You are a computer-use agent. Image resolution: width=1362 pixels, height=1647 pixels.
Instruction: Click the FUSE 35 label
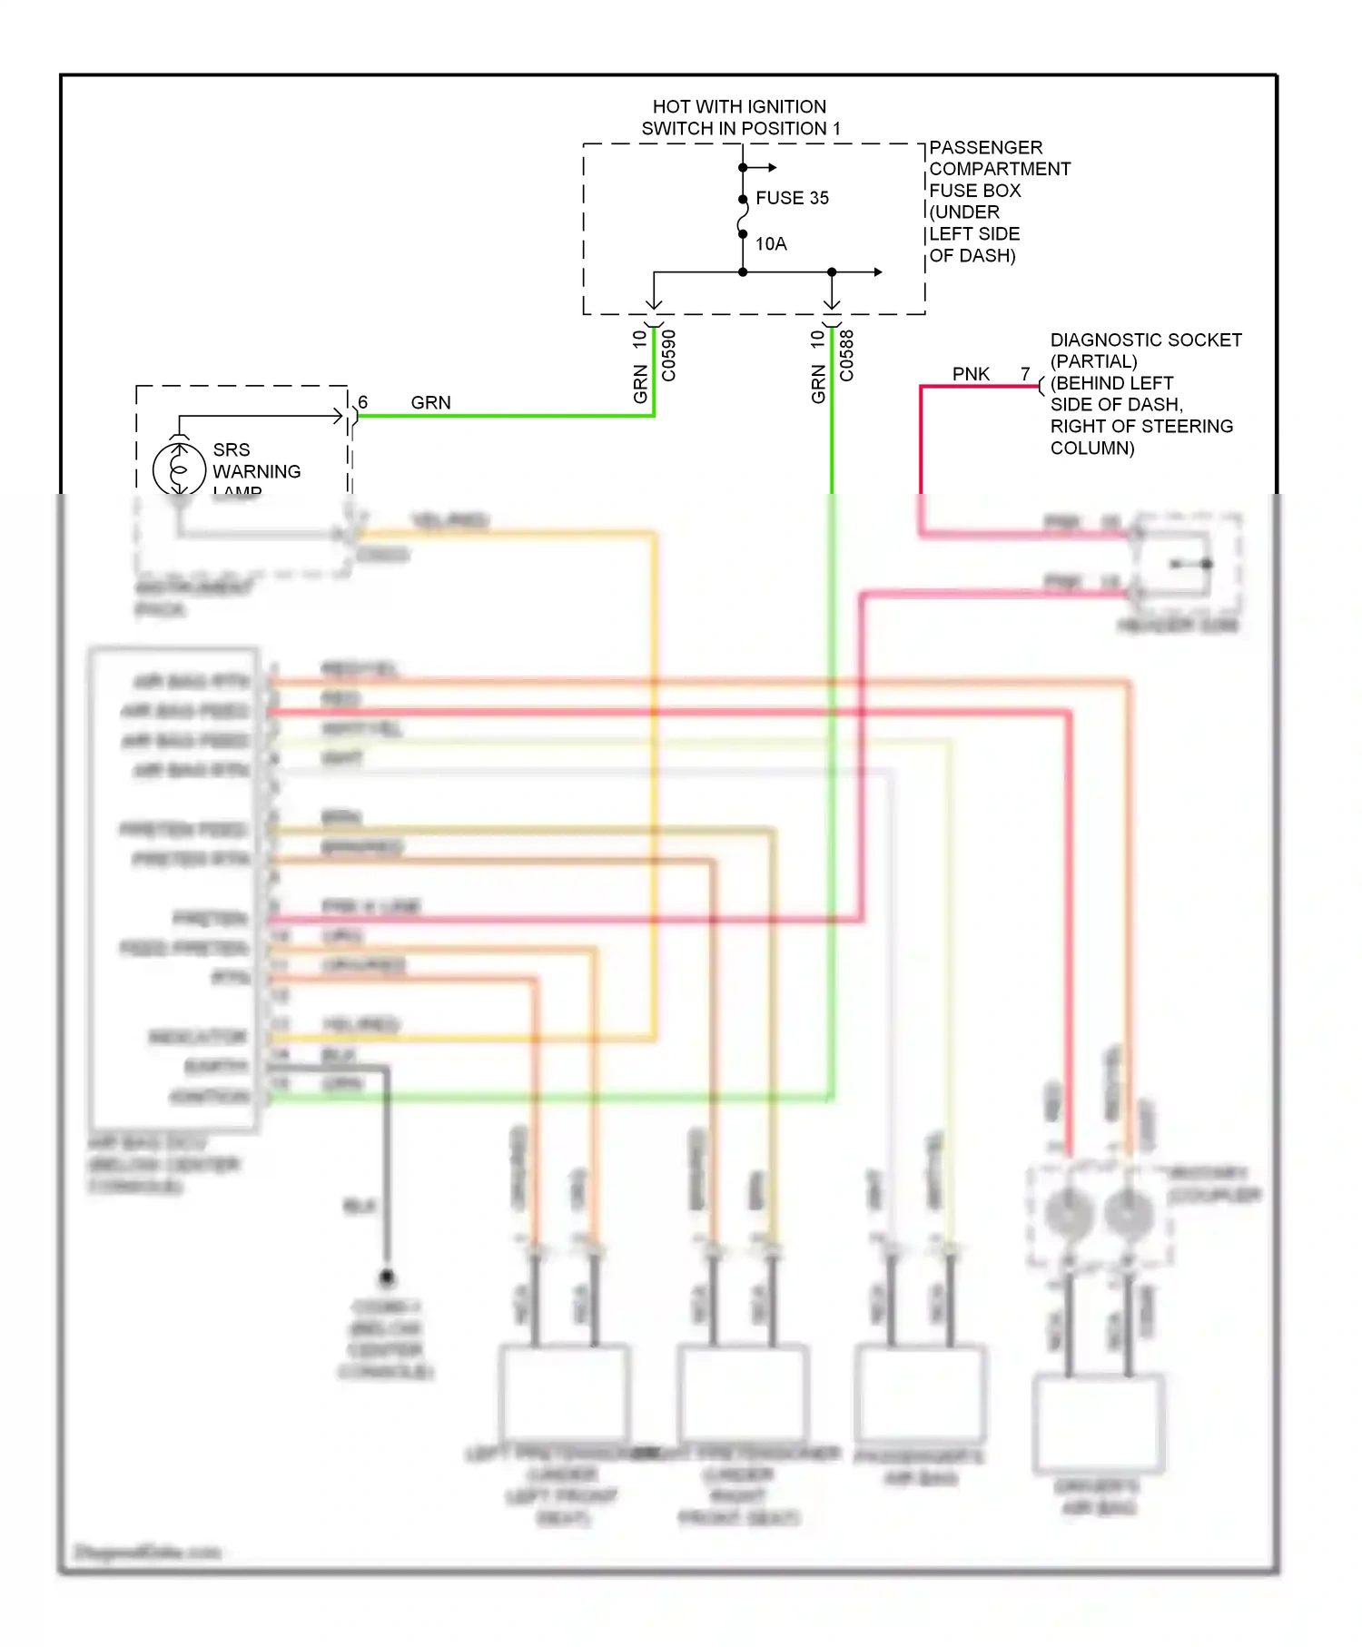coord(792,198)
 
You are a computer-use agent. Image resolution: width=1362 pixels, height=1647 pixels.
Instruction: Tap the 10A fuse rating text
coord(771,243)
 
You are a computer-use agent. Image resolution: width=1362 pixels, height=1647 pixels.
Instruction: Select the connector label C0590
coord(669,355)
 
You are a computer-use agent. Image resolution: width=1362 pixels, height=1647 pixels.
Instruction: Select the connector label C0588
coord(847,355)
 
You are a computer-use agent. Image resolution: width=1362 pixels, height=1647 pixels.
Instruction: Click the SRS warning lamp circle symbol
coord(179,468)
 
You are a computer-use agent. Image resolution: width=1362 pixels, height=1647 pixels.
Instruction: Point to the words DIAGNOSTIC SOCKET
coord(1145,340)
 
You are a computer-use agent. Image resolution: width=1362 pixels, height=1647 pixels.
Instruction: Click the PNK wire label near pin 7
coord(970,374)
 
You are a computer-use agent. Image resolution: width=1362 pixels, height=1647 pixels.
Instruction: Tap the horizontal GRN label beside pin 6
coord(430,402)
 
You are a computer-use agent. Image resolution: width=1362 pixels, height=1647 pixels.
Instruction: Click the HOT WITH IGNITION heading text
coord(739,107)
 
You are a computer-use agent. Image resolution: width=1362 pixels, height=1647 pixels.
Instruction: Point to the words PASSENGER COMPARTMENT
coord(999,158)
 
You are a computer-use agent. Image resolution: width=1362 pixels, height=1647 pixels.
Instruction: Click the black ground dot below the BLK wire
coord(387,1277)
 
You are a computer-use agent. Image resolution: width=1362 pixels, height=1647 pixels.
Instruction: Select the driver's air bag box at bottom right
coord(1099,1424)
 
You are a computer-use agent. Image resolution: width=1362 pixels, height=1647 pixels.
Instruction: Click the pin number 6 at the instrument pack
coord(362,402)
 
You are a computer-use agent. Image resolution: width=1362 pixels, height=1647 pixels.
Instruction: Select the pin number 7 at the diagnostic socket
coord(1025,374)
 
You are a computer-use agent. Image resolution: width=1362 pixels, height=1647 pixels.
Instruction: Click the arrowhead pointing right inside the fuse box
coord(877,271)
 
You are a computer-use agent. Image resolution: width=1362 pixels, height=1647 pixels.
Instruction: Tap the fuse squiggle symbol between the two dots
coord(743,216)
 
